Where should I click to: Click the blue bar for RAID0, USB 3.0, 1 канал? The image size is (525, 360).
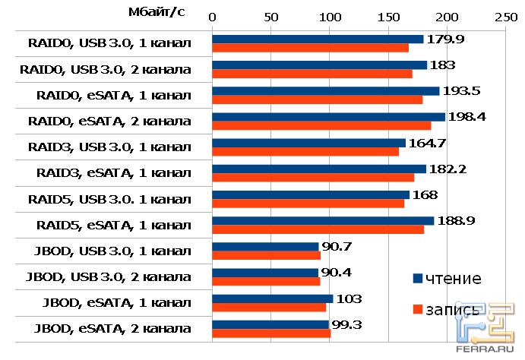click(318, 39)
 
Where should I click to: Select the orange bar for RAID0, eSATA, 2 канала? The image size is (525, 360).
click(321, 125)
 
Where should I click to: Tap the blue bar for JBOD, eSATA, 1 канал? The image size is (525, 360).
click(272, 298)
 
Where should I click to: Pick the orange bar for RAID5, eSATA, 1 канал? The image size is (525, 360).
click(318, 229)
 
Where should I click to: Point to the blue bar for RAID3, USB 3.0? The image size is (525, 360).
click(308, 142)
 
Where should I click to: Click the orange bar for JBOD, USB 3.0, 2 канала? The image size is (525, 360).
click(266, 281)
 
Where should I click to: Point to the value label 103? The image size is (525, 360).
click(349, 298)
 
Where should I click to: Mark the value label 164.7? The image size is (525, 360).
click(431, 142)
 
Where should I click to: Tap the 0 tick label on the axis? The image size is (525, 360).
click(212, 16)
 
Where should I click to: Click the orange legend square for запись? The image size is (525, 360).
click(417, 310)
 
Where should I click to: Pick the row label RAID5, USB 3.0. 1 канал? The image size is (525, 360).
click(109, 200)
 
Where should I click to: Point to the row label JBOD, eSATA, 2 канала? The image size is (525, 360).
click(109, 329)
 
